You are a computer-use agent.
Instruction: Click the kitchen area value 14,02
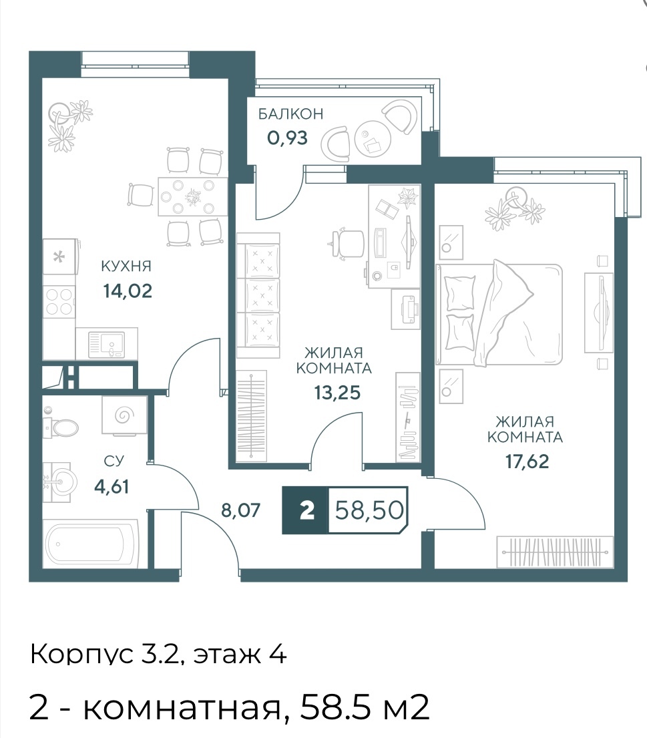(128, 291)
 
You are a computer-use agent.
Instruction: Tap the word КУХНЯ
(127, 266)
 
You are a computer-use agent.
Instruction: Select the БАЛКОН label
(291, 114)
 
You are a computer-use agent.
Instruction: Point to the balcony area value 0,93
(288, 138)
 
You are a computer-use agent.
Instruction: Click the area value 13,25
(337, 393)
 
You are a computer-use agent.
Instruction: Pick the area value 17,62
(527, 462)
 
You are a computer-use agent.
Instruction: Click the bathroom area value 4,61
(112, 486)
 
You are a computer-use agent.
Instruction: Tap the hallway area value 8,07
(240, 510)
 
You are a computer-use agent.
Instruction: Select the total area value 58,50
(369, 510)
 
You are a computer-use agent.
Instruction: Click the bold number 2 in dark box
(306, 510)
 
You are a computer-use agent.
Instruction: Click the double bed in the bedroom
(499, 315)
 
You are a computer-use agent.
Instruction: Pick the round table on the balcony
(373, 139)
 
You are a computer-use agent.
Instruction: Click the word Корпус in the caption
(82, 655)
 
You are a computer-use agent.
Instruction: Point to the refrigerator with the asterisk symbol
(60, 257)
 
